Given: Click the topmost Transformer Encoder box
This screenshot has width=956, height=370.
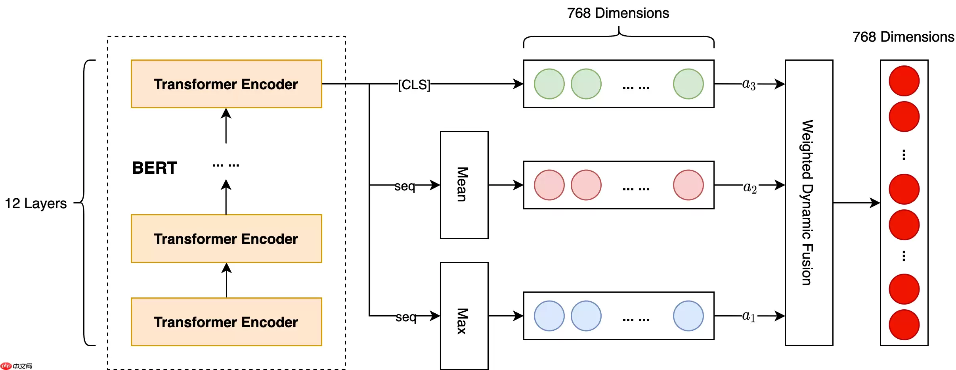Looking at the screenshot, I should coord(226,84).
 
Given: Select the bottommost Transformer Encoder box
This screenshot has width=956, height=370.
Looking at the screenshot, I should coord(226,322).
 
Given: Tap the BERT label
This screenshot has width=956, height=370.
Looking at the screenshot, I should coord(155,168).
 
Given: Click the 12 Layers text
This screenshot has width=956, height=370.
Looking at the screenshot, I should coord(36,203).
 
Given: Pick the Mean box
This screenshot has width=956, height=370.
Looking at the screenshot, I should coord(464,185).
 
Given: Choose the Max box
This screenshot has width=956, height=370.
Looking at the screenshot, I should coord(464,316).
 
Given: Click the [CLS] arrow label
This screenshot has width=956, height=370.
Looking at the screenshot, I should coord(414,84).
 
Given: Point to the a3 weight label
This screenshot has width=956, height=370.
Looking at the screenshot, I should coord(749,84).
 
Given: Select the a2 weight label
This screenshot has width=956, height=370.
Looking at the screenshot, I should coord(750,187).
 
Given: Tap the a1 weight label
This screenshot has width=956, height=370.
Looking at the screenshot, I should coord(749,316).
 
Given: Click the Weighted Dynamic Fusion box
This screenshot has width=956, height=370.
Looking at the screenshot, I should coord(809,203).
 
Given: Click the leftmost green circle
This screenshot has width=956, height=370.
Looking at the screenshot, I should coord(549,84).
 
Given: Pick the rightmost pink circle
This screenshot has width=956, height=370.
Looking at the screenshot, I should coord(688,185).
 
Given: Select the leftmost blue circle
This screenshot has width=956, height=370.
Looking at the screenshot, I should coord(549,316).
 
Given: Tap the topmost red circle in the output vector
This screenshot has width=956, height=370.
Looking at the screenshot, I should coord(904,81).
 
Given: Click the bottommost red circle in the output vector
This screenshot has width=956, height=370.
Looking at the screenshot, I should coord(904,325).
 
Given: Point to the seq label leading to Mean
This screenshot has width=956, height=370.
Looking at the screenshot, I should coord(405,186).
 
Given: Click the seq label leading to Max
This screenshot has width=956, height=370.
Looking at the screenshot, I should coord(406,317).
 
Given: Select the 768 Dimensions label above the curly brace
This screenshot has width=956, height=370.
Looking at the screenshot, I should coord(618,13).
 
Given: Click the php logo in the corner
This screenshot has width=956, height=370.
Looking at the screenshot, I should coord(6,366).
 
